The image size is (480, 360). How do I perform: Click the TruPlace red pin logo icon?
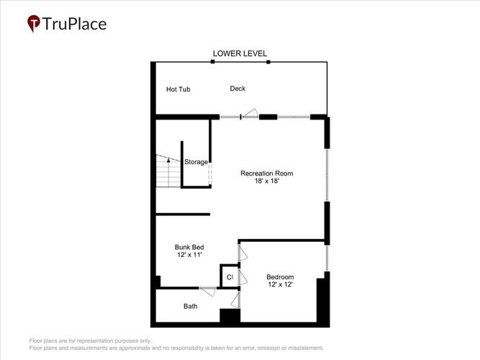(x=34, y=23)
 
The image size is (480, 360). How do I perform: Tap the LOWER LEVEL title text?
(x=240, y=53)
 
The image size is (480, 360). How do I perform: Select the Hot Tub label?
(x=178, y=89)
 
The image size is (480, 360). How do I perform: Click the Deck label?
(x=237, y=89)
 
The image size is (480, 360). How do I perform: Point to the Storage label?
(x=196, y=162)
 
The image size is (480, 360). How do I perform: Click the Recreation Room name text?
(x=267, y=173)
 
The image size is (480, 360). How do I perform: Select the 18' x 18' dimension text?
(x=267, y=181)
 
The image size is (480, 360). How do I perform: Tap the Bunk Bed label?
(x=189, y=247)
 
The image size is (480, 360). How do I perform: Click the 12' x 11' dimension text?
(x=189, y=255)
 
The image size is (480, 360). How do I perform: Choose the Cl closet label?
(x=230, y=277)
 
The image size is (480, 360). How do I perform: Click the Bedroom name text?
(x=280, y=276)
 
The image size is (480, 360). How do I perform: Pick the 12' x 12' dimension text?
(x=280, y=284)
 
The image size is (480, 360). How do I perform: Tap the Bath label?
(x=191, y=306)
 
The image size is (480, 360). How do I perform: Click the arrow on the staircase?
(x=168, y=172)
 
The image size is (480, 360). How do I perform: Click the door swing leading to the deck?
(x=250, y=113)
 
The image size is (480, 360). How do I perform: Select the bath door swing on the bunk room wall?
(x=208, y=292)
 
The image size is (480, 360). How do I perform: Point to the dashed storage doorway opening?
(x=210, y=174)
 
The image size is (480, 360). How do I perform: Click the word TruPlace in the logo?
(x=74, y=24)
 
